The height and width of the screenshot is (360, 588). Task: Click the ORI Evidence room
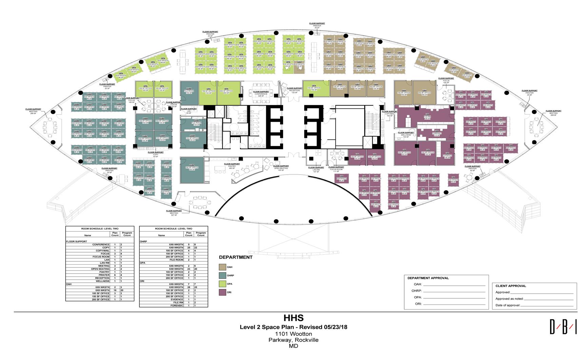(447, 155)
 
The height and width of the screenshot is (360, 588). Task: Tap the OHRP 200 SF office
(192, 168)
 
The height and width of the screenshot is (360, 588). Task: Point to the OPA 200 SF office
(227, 91)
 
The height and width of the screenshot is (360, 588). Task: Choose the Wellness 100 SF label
(406, 135)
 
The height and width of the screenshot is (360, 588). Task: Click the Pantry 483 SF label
(232, 166)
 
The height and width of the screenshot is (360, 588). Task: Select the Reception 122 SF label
(294, 90)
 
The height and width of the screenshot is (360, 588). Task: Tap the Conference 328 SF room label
(261, 94)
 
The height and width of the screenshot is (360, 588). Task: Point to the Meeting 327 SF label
(174, 212)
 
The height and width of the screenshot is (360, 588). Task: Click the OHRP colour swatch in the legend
(222, 275)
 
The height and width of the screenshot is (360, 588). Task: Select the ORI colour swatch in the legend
(222, 292)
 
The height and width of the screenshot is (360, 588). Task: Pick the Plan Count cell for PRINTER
(115, 275)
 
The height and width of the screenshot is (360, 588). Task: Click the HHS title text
(293, 318)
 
